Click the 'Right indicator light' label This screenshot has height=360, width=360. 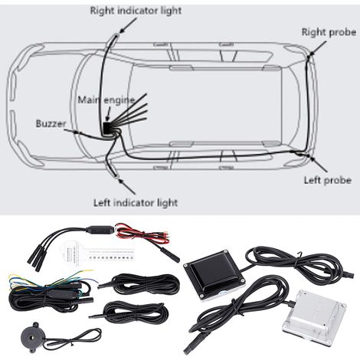coord(136,11)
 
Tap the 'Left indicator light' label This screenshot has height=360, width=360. coord(136,203)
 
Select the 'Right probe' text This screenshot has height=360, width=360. coord(329,32)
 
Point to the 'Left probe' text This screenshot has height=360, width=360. coord(328,180)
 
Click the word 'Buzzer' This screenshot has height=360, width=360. coord(51,124)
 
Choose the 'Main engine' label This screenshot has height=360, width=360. coord(106,100)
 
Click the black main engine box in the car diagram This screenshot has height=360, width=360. coord(107,129)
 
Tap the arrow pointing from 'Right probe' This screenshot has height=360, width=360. coord(318,47)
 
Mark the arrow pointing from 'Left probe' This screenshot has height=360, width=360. coord(318,164)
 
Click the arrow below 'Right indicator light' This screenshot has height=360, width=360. coord(128,25)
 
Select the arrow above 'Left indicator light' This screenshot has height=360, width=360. coord(127,186)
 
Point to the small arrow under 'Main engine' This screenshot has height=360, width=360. coord(108,114)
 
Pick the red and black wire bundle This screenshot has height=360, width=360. coord(142,234)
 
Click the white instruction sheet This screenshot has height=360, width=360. coord(97,254)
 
